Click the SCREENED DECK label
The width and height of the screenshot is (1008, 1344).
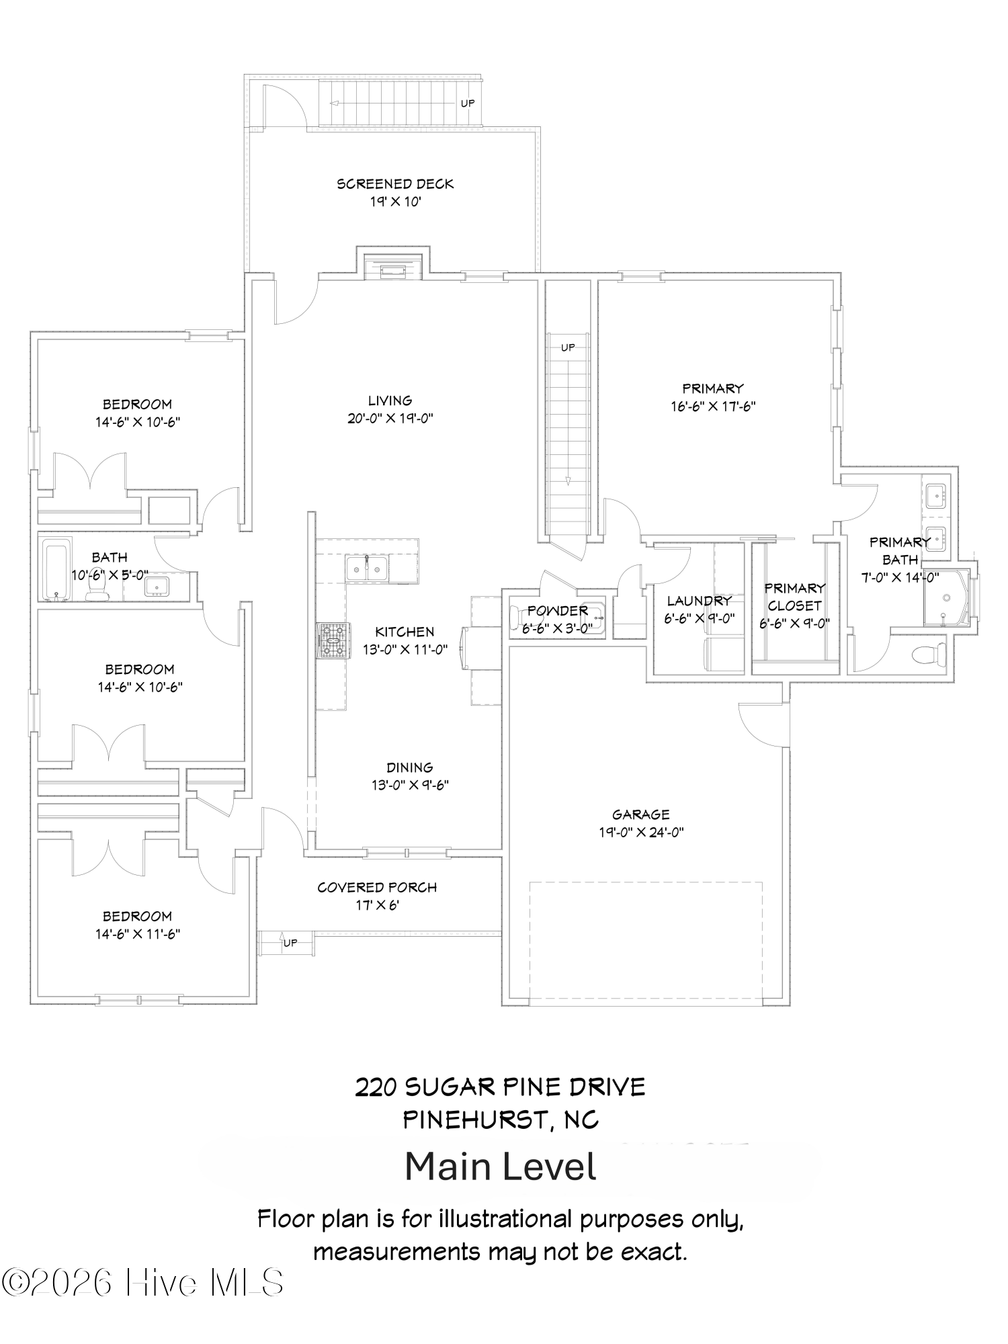coord(395,183)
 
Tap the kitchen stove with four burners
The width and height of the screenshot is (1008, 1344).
coord(334,639)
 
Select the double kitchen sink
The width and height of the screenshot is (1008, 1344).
coord(366,569)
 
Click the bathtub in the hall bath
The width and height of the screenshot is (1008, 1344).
coord(56,571)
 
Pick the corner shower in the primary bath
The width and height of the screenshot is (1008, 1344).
coord(948,598)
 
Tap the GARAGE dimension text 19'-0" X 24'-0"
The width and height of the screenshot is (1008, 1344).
coord(640,832)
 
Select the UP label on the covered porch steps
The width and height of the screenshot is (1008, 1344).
coord(290,943)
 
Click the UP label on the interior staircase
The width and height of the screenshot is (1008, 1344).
coord(568,347)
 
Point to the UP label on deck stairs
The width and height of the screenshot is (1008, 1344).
coord(468,103)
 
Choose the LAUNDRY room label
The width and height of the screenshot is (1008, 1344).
coord(699,601)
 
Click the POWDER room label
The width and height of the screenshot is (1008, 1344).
coord(557,610)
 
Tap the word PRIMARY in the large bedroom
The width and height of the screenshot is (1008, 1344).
coord(712,388)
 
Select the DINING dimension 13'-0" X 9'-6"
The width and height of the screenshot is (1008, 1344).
coord(410,785)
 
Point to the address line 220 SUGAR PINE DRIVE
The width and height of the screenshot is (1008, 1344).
coord(501,1087)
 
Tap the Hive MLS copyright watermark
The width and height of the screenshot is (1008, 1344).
coord(142,1282)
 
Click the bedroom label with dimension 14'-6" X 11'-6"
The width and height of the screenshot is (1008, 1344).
coord(137,916)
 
